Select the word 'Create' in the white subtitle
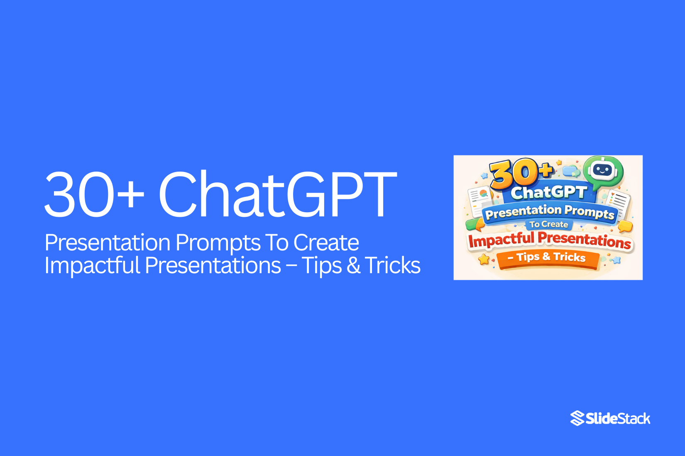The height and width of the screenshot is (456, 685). click(x=326, y=243)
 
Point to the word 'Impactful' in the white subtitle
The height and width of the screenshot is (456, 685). click(x=92, y=265)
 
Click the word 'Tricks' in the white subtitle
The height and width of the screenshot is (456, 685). click(x=393, y=265)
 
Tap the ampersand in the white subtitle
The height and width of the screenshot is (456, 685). click(x=353, y=266)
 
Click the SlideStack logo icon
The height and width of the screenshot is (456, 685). click(x=577, y=418)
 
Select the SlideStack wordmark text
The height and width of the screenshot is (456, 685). click(x=618, y=419)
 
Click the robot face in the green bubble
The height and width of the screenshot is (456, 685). click(x=603, y=170)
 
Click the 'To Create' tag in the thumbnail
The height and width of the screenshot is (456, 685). click(x=548, y=224)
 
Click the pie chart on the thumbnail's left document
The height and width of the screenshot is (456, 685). click(x=483, y=193)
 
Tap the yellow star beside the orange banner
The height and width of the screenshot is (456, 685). click(x=484, y=260)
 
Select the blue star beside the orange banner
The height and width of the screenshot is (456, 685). click(x=616, y=260)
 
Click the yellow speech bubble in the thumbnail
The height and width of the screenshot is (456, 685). click(x=625, y=226)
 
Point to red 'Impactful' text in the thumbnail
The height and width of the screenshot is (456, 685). click(x=501, y=240)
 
